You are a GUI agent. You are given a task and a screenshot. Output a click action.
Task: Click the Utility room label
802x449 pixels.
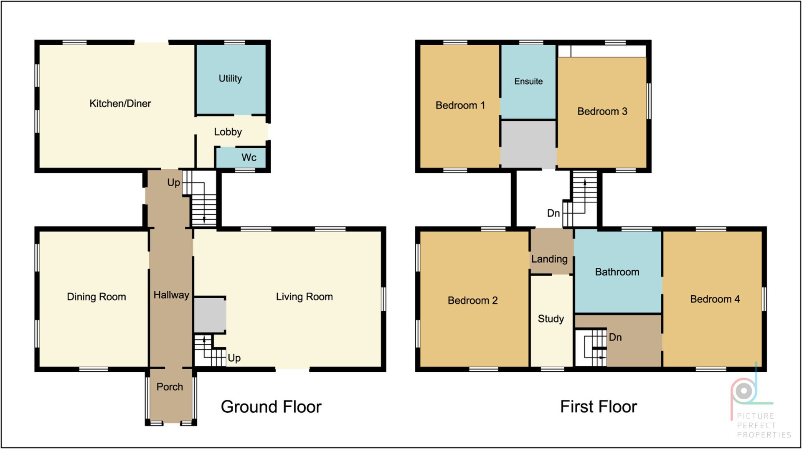230,79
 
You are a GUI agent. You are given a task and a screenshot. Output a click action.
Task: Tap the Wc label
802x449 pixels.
249,157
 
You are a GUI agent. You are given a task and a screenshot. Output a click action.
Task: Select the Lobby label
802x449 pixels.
228,132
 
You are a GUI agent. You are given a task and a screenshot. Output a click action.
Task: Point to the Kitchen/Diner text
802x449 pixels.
120,104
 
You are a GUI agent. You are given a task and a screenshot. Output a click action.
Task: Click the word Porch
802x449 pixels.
170,387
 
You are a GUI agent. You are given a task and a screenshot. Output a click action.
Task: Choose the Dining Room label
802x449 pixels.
96,297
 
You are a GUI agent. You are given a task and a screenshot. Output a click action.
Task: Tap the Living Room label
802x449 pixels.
305,297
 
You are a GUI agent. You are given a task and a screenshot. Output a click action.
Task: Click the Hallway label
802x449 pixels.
171,295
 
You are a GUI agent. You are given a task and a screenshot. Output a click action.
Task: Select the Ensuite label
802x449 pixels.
528,81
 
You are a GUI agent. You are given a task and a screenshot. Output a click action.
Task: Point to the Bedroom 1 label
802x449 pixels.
460,105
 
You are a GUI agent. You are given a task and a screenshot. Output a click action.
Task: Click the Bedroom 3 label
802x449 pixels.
602,112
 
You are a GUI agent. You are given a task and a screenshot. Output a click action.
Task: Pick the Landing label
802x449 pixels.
549,259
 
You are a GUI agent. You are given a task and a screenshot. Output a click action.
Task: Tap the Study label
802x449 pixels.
551,319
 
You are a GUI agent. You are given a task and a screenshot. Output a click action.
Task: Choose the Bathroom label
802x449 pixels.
617,272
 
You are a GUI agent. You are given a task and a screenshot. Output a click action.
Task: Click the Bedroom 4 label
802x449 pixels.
715,299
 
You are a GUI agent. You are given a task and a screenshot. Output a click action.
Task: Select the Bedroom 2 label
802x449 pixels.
472,300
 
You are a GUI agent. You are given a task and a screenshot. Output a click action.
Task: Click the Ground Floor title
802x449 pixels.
271,407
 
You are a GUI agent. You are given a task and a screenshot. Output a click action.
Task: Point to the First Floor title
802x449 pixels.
599,407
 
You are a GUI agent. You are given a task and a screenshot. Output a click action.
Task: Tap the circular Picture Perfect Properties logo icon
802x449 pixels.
744,391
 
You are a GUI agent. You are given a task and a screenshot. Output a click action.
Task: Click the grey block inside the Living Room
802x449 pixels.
210,315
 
